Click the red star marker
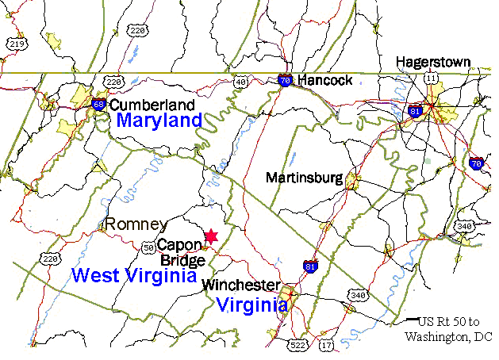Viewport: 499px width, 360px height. pos(211,236)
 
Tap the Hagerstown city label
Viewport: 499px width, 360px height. pos(433,62)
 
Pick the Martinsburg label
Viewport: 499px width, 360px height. pos(305,178)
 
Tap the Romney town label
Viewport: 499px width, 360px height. pos(136,224)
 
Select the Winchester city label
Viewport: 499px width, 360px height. pos(240,285)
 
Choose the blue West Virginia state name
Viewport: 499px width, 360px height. pos(134,275)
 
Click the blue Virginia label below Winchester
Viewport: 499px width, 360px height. pos(251,304)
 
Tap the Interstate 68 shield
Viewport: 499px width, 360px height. pos(98,104)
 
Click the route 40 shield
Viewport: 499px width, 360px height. pos(241,81)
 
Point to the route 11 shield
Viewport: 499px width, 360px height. pos(431,78)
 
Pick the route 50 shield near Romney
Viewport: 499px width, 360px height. pos(148,247)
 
